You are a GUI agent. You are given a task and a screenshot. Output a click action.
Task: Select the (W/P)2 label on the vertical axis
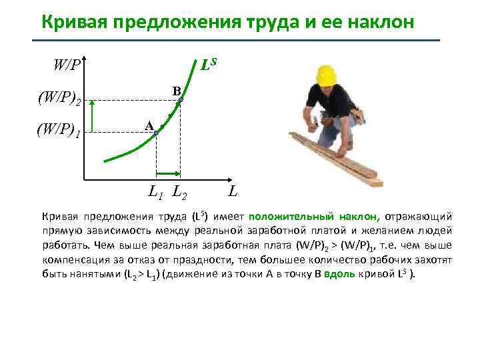[x=59, y=100]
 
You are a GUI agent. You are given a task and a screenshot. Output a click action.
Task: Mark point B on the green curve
[x=179, y=100]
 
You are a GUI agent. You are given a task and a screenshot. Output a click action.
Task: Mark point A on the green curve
[x=156, y=133]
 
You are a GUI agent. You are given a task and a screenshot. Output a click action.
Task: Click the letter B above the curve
[x=175, y=90]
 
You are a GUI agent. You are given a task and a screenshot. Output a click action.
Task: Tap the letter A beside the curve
[x=149, y=125]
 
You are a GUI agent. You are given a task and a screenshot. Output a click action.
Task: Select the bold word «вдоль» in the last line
[x=333, y=274]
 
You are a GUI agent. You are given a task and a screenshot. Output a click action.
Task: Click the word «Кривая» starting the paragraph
[x=59, y=216]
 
